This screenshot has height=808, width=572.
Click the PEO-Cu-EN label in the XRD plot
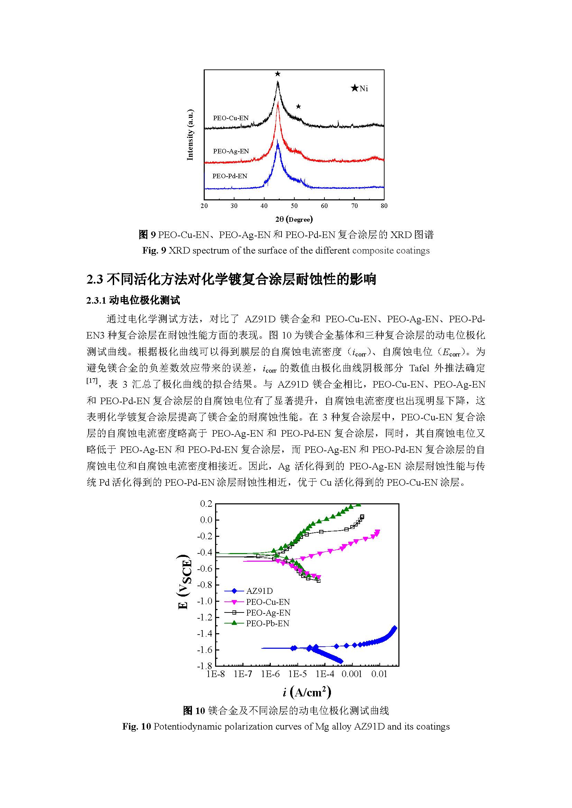tap(231, 118)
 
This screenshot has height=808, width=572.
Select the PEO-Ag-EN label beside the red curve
tap(231, 151)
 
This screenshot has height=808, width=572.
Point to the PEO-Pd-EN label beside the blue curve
tap(230, 176)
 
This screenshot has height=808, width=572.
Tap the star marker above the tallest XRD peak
tap(278, 74)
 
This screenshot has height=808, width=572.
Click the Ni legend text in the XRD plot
tap(364, 89)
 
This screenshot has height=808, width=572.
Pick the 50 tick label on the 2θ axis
tap(294, 206)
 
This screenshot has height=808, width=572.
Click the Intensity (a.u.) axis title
tap(190, 135)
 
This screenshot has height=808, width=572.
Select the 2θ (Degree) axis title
tap(294, 219)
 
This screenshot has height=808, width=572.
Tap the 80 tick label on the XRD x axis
tap(384, 206)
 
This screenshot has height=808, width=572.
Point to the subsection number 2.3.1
tap(96, 300)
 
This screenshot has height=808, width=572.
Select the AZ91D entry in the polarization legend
tap(259, 591)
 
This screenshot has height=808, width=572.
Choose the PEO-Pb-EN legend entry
tap(267, 623)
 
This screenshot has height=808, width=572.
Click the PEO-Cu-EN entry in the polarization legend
tap(268, 602)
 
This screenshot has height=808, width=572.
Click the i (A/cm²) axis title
tap(306, 692)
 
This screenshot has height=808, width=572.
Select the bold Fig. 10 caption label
tap(136, 726)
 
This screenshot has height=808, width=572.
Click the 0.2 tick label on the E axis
tap(206, 504)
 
